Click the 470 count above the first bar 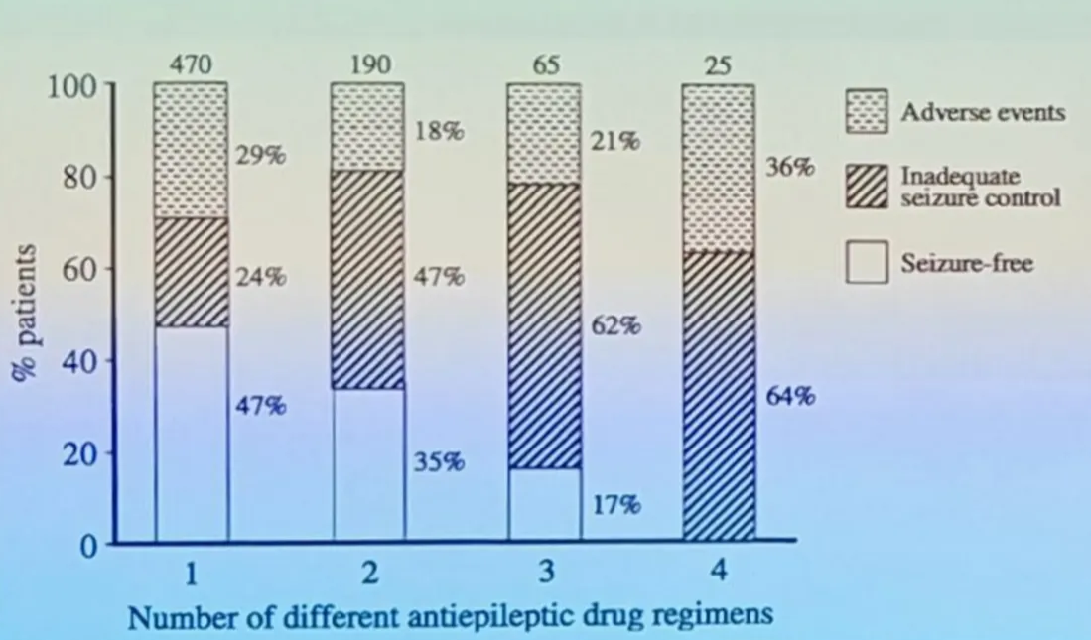coord(191,65)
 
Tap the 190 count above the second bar coord(367,65)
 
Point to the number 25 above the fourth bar coord(718,65)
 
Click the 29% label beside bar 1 coord(261,156)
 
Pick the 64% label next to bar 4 coord(790,397)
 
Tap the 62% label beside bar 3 coord(615,326)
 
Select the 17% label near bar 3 coord(615,505)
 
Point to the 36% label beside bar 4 coord(790,169)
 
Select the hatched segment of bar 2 coord(367,279)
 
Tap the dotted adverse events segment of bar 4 coord(718,167)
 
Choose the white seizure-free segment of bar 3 coord(544,505)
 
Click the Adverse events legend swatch coord(866,112)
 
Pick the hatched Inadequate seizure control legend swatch coord(866,188)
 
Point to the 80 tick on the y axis coord(81,178)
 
